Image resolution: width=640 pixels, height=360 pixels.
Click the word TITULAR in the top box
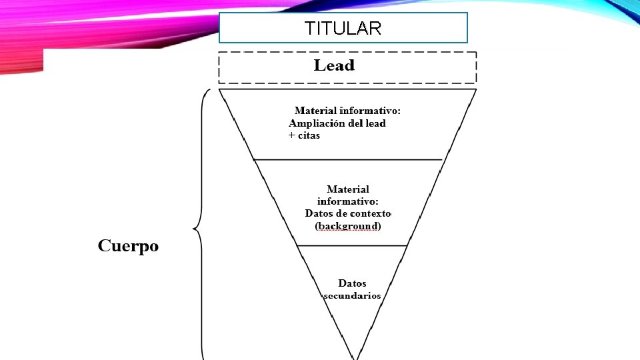[343, 29]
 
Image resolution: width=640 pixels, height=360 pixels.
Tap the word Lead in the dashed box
[334, 65]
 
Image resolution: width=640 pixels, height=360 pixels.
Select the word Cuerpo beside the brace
[129, 246]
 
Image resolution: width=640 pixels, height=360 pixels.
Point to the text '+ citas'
[304, 135]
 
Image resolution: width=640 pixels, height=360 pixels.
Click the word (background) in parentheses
[347, 226]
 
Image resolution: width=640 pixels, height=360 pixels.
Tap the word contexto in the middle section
[367, 213]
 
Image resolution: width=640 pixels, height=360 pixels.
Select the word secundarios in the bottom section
[352, 295]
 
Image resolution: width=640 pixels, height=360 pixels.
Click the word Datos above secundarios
[352, 283]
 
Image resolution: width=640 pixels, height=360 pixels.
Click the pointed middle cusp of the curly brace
[194, 230]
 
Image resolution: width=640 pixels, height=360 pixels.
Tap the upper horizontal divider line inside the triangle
[348, 159]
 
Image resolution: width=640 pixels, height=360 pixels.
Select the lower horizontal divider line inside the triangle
[351, 245]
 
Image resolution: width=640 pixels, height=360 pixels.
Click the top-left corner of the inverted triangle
[219, 89]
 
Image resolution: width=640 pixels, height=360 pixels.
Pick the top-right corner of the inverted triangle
[476, 89]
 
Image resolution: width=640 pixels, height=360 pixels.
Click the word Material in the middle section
[348, 190]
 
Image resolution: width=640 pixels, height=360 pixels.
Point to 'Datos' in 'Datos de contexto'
[320, 213]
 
